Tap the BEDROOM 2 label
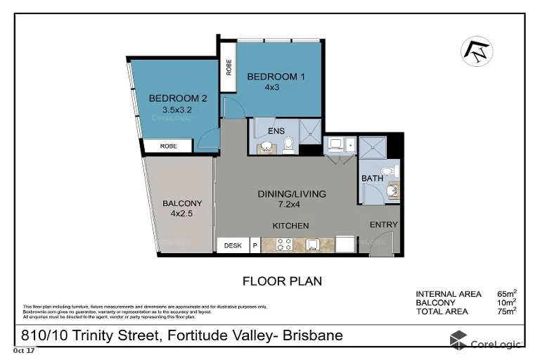point(172,99)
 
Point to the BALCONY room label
point(177,204)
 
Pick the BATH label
point(372,179)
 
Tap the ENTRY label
point(384,225)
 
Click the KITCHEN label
point(291,226)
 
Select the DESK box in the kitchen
point(233,245)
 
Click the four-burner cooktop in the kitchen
point(285,245)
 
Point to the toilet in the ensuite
point(288,145)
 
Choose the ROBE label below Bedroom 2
point(169,146)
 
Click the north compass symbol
point(476,51)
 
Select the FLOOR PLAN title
point(282,281)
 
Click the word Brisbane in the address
point(311,335)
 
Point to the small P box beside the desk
point(255,245)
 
